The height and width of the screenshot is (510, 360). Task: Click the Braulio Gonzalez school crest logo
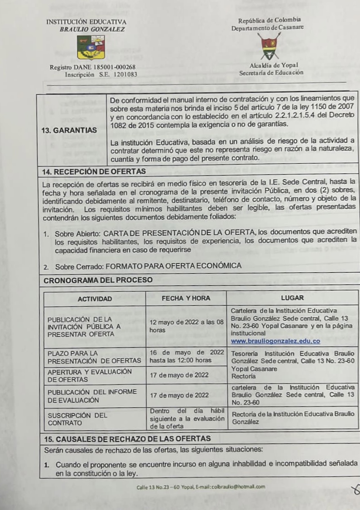(91, 47)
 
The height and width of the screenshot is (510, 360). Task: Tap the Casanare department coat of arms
(268, 46)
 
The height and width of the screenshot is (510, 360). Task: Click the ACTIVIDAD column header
(95, 299)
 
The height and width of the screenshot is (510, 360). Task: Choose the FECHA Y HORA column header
(186, 298)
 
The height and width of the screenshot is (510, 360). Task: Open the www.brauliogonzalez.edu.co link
(275, 341)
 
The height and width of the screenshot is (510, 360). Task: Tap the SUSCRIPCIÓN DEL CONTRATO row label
(78, 419)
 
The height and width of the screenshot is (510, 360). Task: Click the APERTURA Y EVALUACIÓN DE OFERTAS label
(90, 375)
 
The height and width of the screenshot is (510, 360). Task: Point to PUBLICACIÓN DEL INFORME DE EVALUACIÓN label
(92, 395)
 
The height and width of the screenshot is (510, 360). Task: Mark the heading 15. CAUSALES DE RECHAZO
(127, 438)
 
